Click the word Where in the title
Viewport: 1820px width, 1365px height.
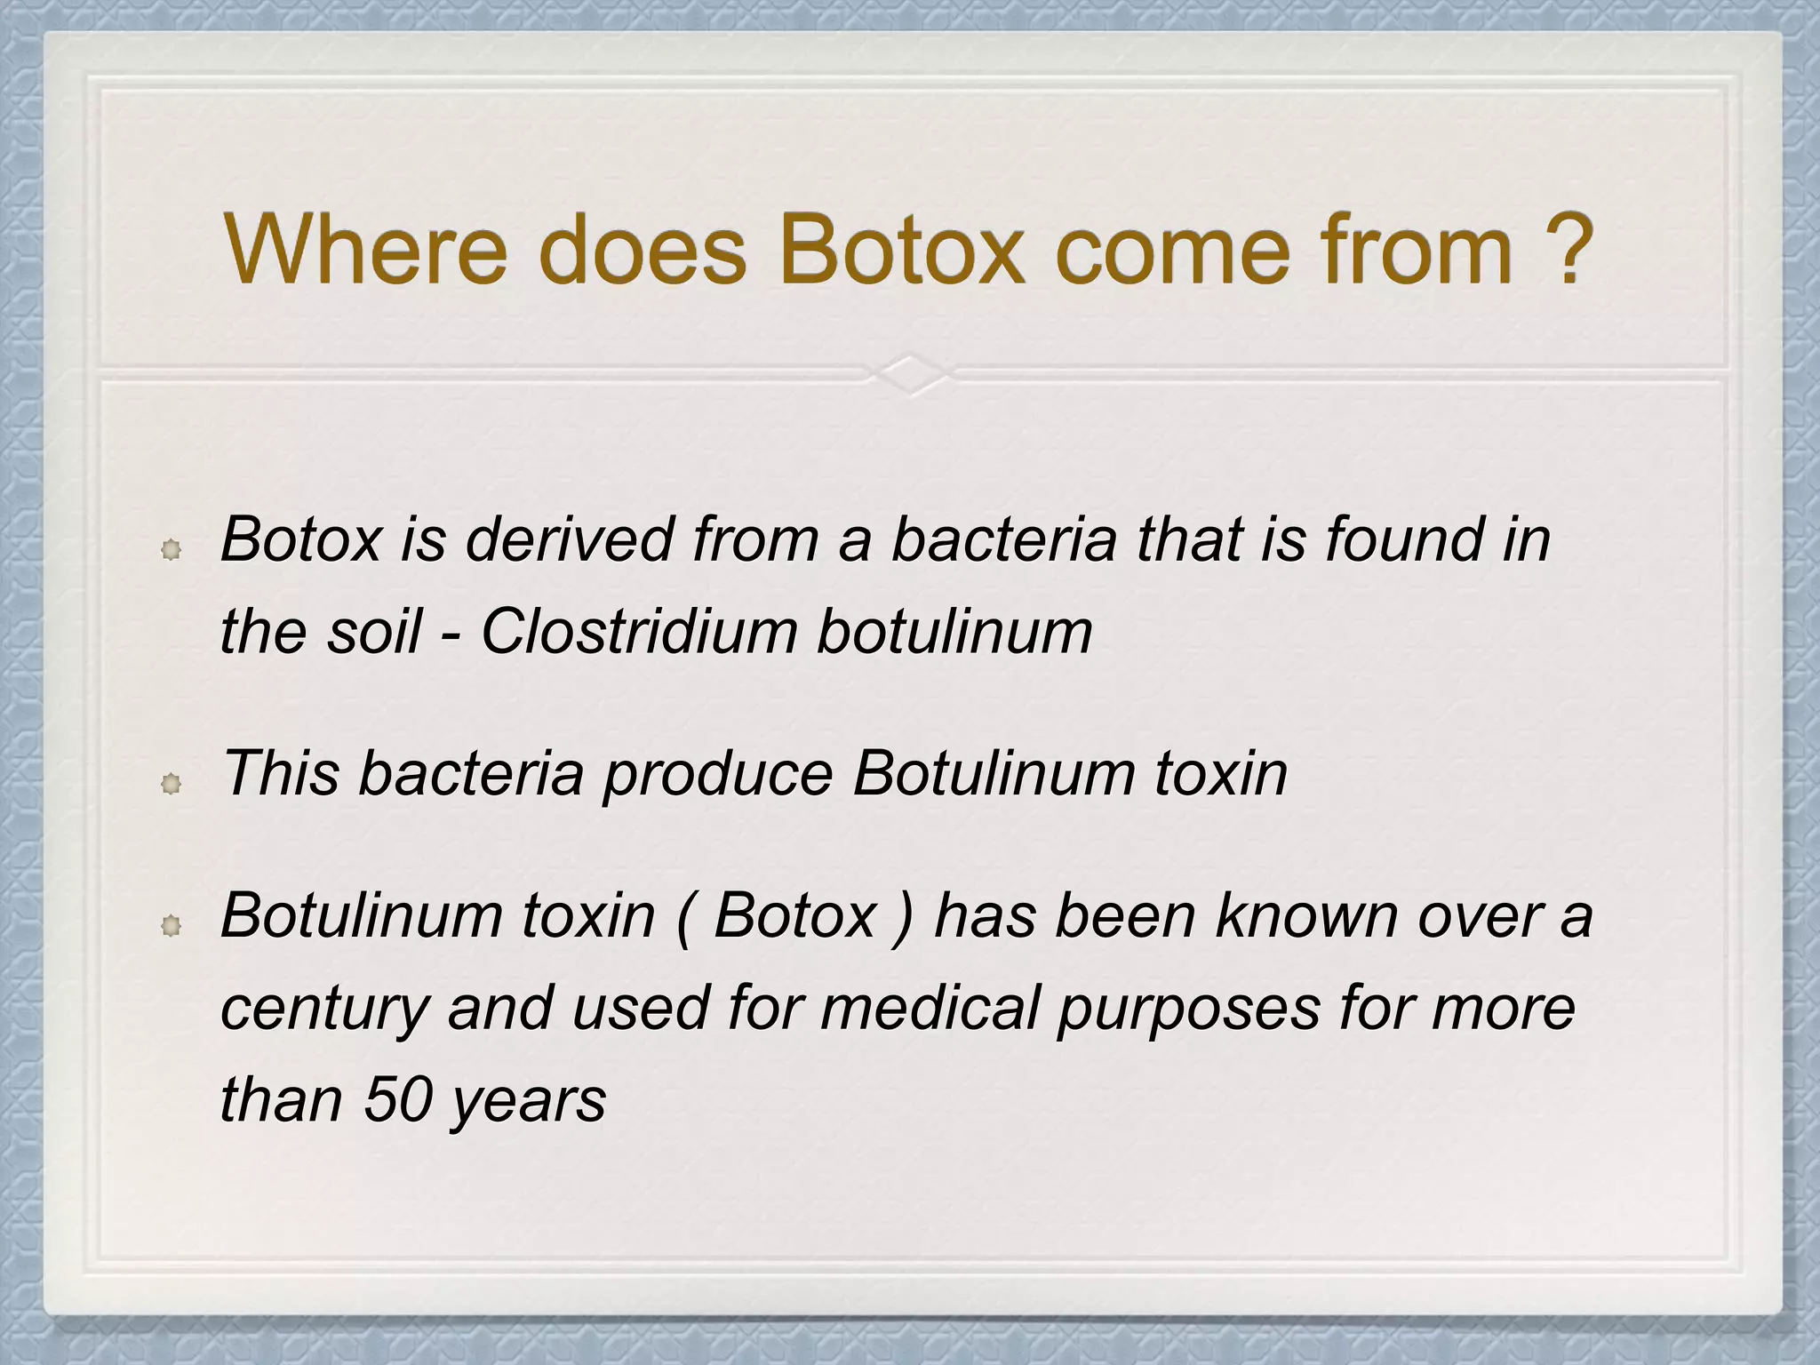pos(365,251)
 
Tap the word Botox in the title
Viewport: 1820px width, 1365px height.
pos(901,251)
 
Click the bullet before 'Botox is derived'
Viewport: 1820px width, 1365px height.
pos(172,550)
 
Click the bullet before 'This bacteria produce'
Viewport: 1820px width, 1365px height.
pos(172,783)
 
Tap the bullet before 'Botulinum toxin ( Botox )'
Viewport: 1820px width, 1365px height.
pos(172,926)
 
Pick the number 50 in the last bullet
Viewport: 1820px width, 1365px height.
pos(397,1099)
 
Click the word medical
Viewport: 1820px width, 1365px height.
pos(930,1008)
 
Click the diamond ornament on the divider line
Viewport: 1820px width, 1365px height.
pos(910,374)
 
